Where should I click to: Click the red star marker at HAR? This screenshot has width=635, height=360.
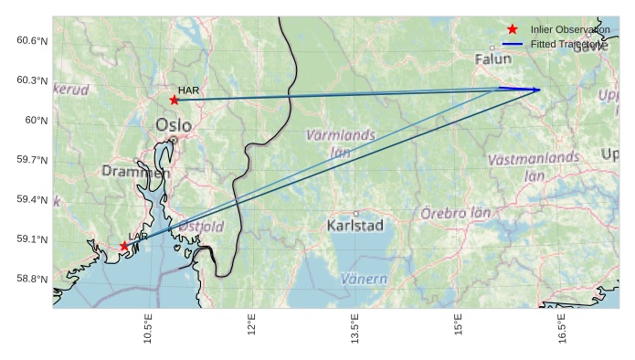click(175, 100)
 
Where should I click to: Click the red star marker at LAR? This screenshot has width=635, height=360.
click(124, 246)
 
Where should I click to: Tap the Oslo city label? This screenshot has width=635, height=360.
click(175, 125)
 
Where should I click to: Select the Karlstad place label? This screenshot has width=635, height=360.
click(355, 225)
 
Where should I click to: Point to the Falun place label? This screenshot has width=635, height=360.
click(493, 59)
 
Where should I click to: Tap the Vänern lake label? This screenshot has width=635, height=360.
click(364, 279)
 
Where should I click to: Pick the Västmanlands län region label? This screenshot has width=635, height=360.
click(534, 166)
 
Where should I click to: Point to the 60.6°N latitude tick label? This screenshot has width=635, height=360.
click(32, 40)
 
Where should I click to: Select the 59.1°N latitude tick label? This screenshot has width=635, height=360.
click(32, 239)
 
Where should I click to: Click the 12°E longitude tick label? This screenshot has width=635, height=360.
click(251, 327)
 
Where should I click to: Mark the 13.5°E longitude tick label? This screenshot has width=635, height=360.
click(355, 327)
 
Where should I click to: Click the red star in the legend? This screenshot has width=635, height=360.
click(513, 30)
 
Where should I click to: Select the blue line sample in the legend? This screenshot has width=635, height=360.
click(513, 45)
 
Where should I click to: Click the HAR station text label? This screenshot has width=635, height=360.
click(188, 90)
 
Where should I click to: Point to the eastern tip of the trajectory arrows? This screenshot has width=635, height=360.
click(540, 90)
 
